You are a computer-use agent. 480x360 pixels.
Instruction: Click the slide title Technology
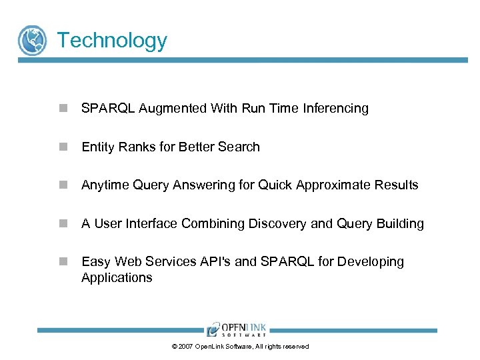pos(112,40)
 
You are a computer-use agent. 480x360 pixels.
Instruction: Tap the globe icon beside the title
pos(32,40)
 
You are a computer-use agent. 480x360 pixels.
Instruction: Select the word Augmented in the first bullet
pos(173,109)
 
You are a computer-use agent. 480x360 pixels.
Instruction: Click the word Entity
pos(98,147)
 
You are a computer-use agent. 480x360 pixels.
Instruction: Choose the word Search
pos(239,147)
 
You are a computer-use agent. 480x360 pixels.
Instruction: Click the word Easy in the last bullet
pos(95,262)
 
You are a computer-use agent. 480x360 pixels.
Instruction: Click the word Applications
pos(117,278)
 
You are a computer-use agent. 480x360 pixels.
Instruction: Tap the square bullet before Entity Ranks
pos(63,147)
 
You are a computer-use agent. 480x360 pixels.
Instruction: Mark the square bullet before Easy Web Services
pos(63,262)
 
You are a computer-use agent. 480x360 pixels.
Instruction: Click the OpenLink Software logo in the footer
pos(237,329)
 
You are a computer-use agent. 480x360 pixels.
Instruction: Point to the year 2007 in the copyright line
pos(186,347)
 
